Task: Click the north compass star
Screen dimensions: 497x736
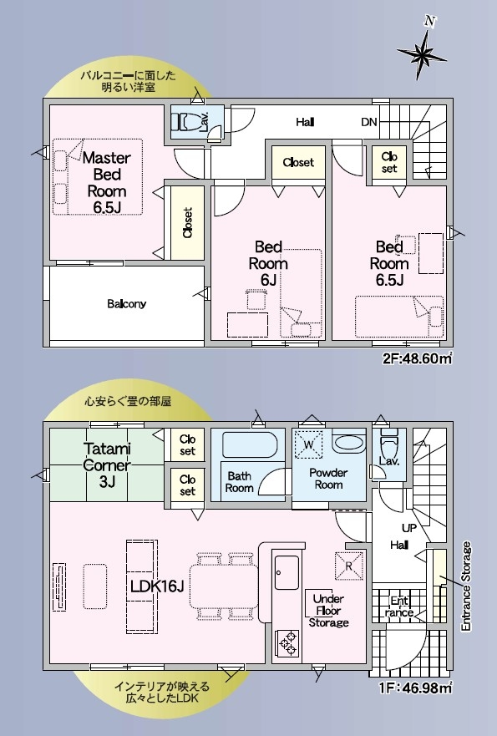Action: point(422,53)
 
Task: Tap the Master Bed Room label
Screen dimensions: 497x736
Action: point(107,183)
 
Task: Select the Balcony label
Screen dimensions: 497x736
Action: point(127,304)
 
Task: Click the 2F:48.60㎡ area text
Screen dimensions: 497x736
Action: point(417,358)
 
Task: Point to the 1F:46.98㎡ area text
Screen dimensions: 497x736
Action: point(416,688)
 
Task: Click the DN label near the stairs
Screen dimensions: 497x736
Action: point(369,122)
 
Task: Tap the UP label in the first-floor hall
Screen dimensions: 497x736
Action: point(408,528)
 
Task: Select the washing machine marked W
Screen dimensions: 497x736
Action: point(308,444)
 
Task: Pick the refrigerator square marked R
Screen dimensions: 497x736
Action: point(348,566)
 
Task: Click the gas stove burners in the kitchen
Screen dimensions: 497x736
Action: point(287,642)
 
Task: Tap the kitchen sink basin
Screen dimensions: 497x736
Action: point(287,572)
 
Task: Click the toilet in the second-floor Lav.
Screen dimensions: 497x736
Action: point(185,123)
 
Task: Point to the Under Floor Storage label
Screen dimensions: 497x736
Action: point(328,611)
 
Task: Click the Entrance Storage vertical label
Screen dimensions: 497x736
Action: point(465,586)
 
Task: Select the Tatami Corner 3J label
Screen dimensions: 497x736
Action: point(107,464)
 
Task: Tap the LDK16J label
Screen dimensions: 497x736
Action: point(157,586)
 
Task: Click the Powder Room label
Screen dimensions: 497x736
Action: point(328,479)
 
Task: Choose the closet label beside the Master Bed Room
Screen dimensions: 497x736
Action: point(188,223)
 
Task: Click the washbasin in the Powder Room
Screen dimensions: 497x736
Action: point(348,443)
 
